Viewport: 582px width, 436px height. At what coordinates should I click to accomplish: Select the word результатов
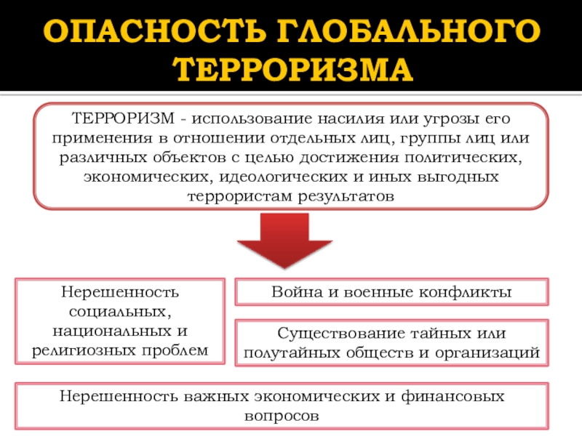pos(346,196)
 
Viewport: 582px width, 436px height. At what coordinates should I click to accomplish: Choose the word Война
pos(294,292)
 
